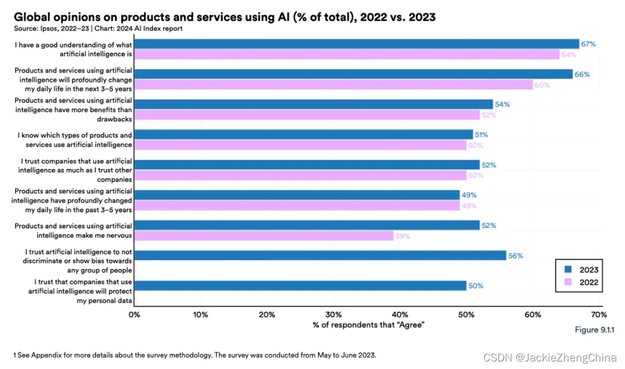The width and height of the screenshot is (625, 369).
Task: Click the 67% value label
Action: tap(589, 44)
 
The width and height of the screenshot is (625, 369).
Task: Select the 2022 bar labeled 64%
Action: tap(347, 54)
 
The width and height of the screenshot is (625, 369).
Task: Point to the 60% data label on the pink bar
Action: tap(542, 85)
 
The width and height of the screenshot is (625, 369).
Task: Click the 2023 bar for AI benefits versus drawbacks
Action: tap(313, 104)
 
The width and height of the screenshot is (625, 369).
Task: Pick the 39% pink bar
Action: tap(263, 236)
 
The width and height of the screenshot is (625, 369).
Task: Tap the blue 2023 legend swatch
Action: tap(568, 270)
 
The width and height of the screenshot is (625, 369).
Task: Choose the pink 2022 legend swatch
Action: tap(568, 283)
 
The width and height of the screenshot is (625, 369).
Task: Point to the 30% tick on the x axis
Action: tap(333, 315)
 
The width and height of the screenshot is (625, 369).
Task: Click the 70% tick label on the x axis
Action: tap(598, 315)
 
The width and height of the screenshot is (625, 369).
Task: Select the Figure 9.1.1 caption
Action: tap(594, 330)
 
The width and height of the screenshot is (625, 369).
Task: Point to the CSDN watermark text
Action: tap(494, 359)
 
